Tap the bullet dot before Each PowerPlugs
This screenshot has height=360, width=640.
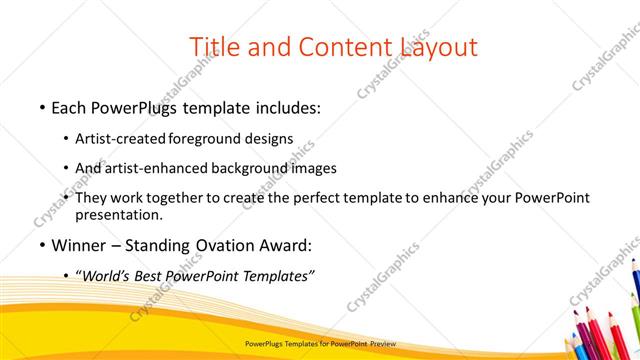pyautogui.click(x=40, y=107)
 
